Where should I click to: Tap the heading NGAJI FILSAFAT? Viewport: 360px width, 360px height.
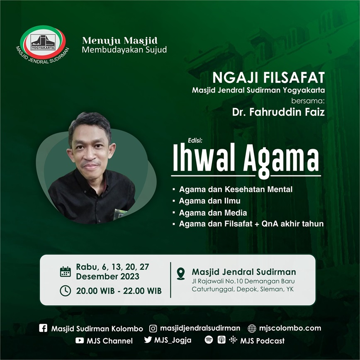pos(268,78)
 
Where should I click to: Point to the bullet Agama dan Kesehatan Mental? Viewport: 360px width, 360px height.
pos(236,190)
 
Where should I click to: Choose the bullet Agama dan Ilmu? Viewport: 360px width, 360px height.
pos(209,201)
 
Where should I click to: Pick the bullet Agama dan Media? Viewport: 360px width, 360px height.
pos(213,213)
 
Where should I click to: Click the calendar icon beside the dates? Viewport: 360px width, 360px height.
pos(66,272)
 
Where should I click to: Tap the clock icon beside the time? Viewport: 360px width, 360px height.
pos(66,291)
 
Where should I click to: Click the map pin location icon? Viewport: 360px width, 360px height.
pos(181,273)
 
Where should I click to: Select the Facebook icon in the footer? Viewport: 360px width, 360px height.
pos(43,328)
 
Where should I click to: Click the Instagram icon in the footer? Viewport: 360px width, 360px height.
pos(153,328)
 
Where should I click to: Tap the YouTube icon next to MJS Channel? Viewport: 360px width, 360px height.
pos(80,341)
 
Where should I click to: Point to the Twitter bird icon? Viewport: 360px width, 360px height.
pos(148,340)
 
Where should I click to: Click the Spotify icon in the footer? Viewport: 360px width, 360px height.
pos(209,340)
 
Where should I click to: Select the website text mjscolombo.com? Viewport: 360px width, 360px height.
pos(290,328)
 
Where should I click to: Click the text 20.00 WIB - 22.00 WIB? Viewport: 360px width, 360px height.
pos(119,291)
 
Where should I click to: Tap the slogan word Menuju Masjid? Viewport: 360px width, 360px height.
pos(120,41)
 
